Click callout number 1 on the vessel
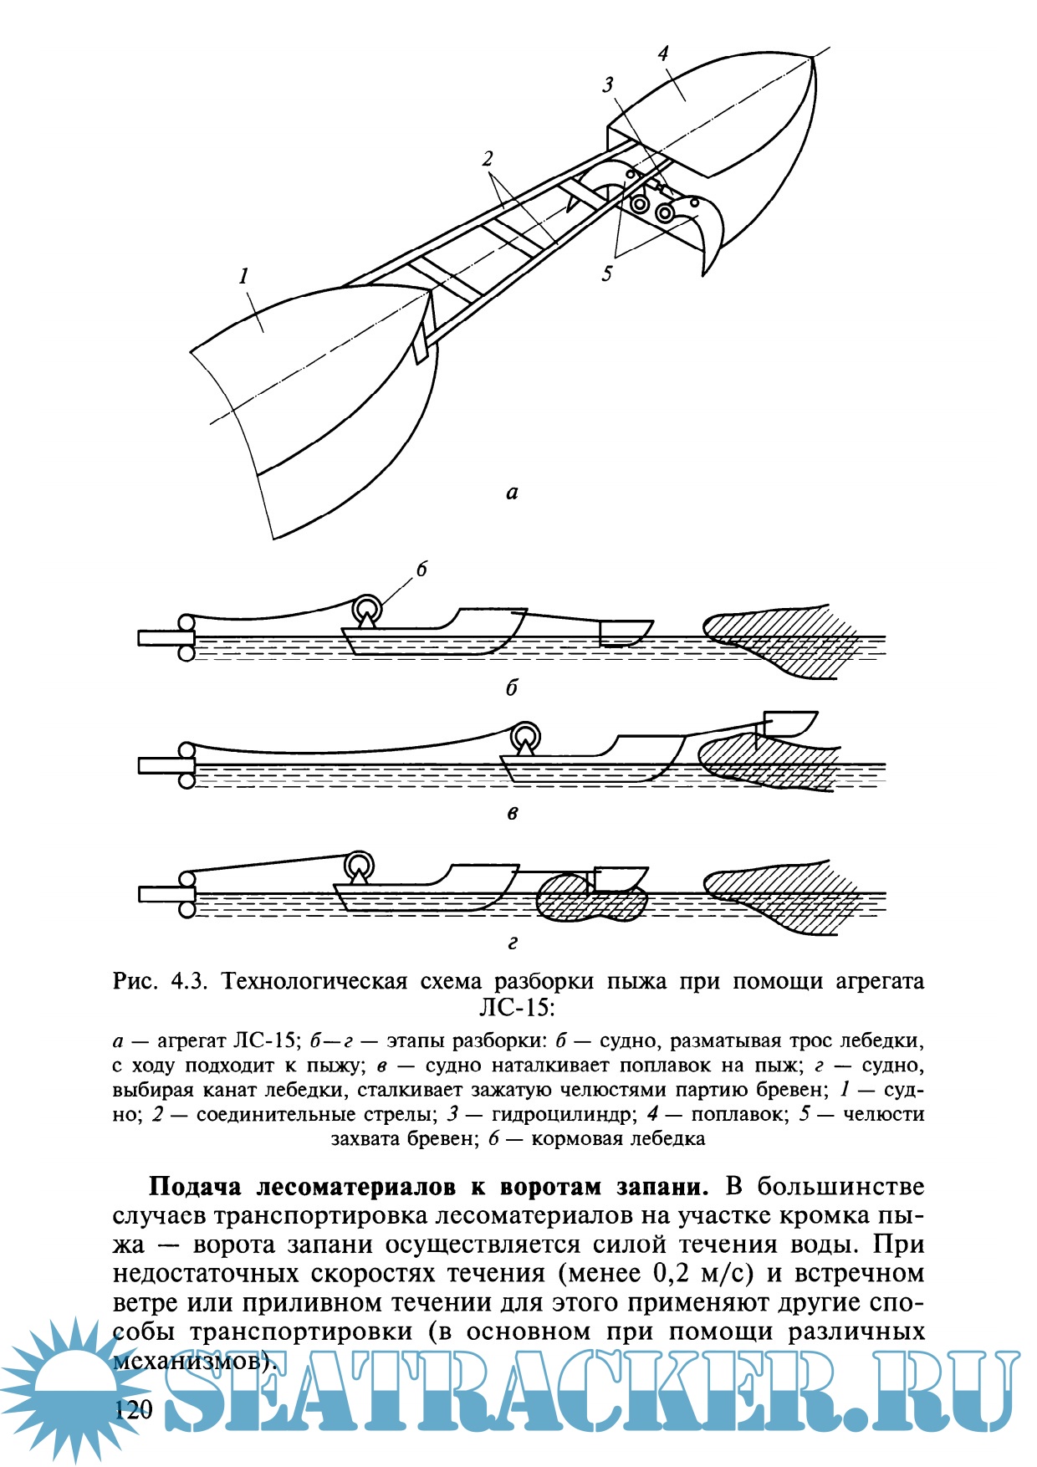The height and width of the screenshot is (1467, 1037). coord(244,275)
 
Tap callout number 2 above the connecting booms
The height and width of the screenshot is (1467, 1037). coord(488,159)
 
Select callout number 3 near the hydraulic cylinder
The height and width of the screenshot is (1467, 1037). coord(608,84)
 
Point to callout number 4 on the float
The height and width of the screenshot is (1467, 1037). coord(663,54)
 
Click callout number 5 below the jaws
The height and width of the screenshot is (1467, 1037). coord(607,273)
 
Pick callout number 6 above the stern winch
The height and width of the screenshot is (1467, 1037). coord(421,570)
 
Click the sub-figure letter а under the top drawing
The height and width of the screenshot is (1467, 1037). coord(512,493)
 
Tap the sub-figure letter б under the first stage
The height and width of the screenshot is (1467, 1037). coord(512,687)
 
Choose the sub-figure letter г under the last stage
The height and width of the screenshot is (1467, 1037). coord(513,943)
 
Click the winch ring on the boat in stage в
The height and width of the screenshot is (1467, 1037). coord(526,736)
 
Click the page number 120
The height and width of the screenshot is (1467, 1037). coord(134,1410)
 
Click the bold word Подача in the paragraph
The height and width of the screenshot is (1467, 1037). coord(196,1187)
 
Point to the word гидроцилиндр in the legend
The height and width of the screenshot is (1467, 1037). coord(554,1114)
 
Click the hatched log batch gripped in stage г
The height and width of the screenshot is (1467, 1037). coord(590,899)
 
